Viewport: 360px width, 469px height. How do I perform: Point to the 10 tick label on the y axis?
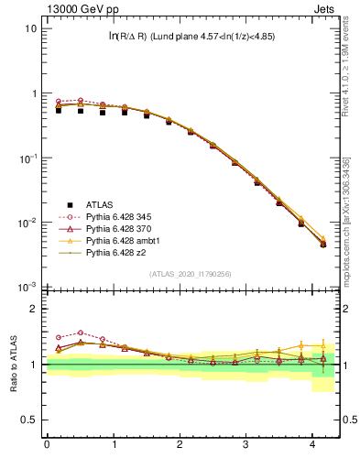(x=30, y=28)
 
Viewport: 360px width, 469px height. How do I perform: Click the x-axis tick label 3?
(x=246, y=445)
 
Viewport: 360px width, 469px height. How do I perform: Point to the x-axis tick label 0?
(x=47, y=445)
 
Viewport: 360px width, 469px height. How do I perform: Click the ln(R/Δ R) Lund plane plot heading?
(x=191, y=37)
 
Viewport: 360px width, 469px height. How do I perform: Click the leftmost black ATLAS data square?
(x=59, y=109)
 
